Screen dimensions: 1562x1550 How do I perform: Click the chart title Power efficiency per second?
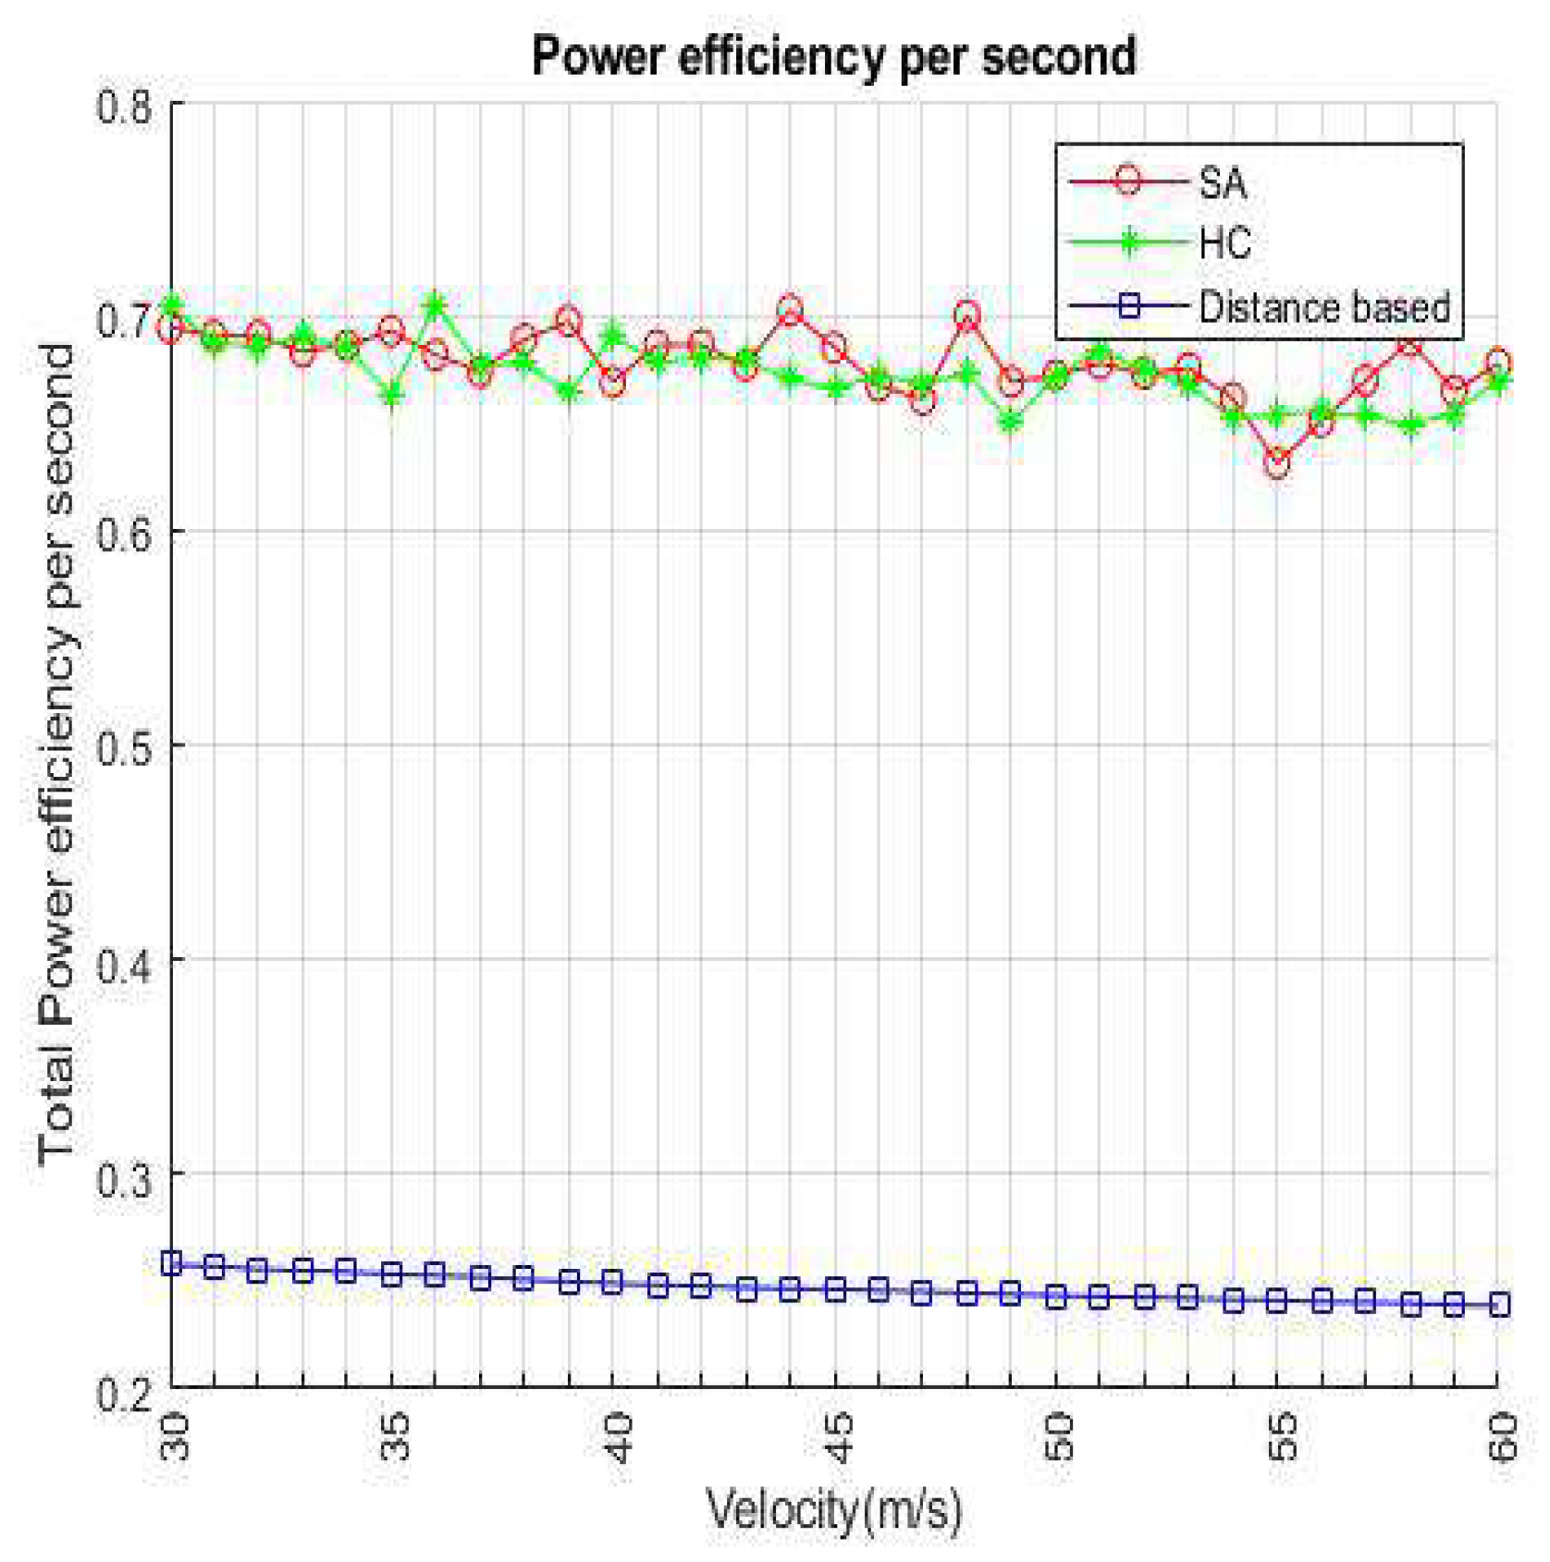coord(833,57)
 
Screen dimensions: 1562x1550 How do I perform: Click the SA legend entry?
coord(1221,182)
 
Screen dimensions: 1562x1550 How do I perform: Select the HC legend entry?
coord(1224,244)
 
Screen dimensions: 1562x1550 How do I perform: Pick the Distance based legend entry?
coord(1322,307)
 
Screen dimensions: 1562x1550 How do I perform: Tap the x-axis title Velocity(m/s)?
coord(833,1509)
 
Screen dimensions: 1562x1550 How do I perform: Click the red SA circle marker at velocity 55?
coord(1277,462)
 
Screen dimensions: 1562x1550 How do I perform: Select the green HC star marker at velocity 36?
coord(436,304)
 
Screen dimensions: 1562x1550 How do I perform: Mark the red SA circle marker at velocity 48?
coord(967,315)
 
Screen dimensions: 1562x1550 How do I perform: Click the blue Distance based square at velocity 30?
coord(172,1263)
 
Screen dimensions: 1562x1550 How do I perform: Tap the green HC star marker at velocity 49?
coord(1011,423)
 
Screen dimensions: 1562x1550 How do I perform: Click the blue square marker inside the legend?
coord(1128,306)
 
